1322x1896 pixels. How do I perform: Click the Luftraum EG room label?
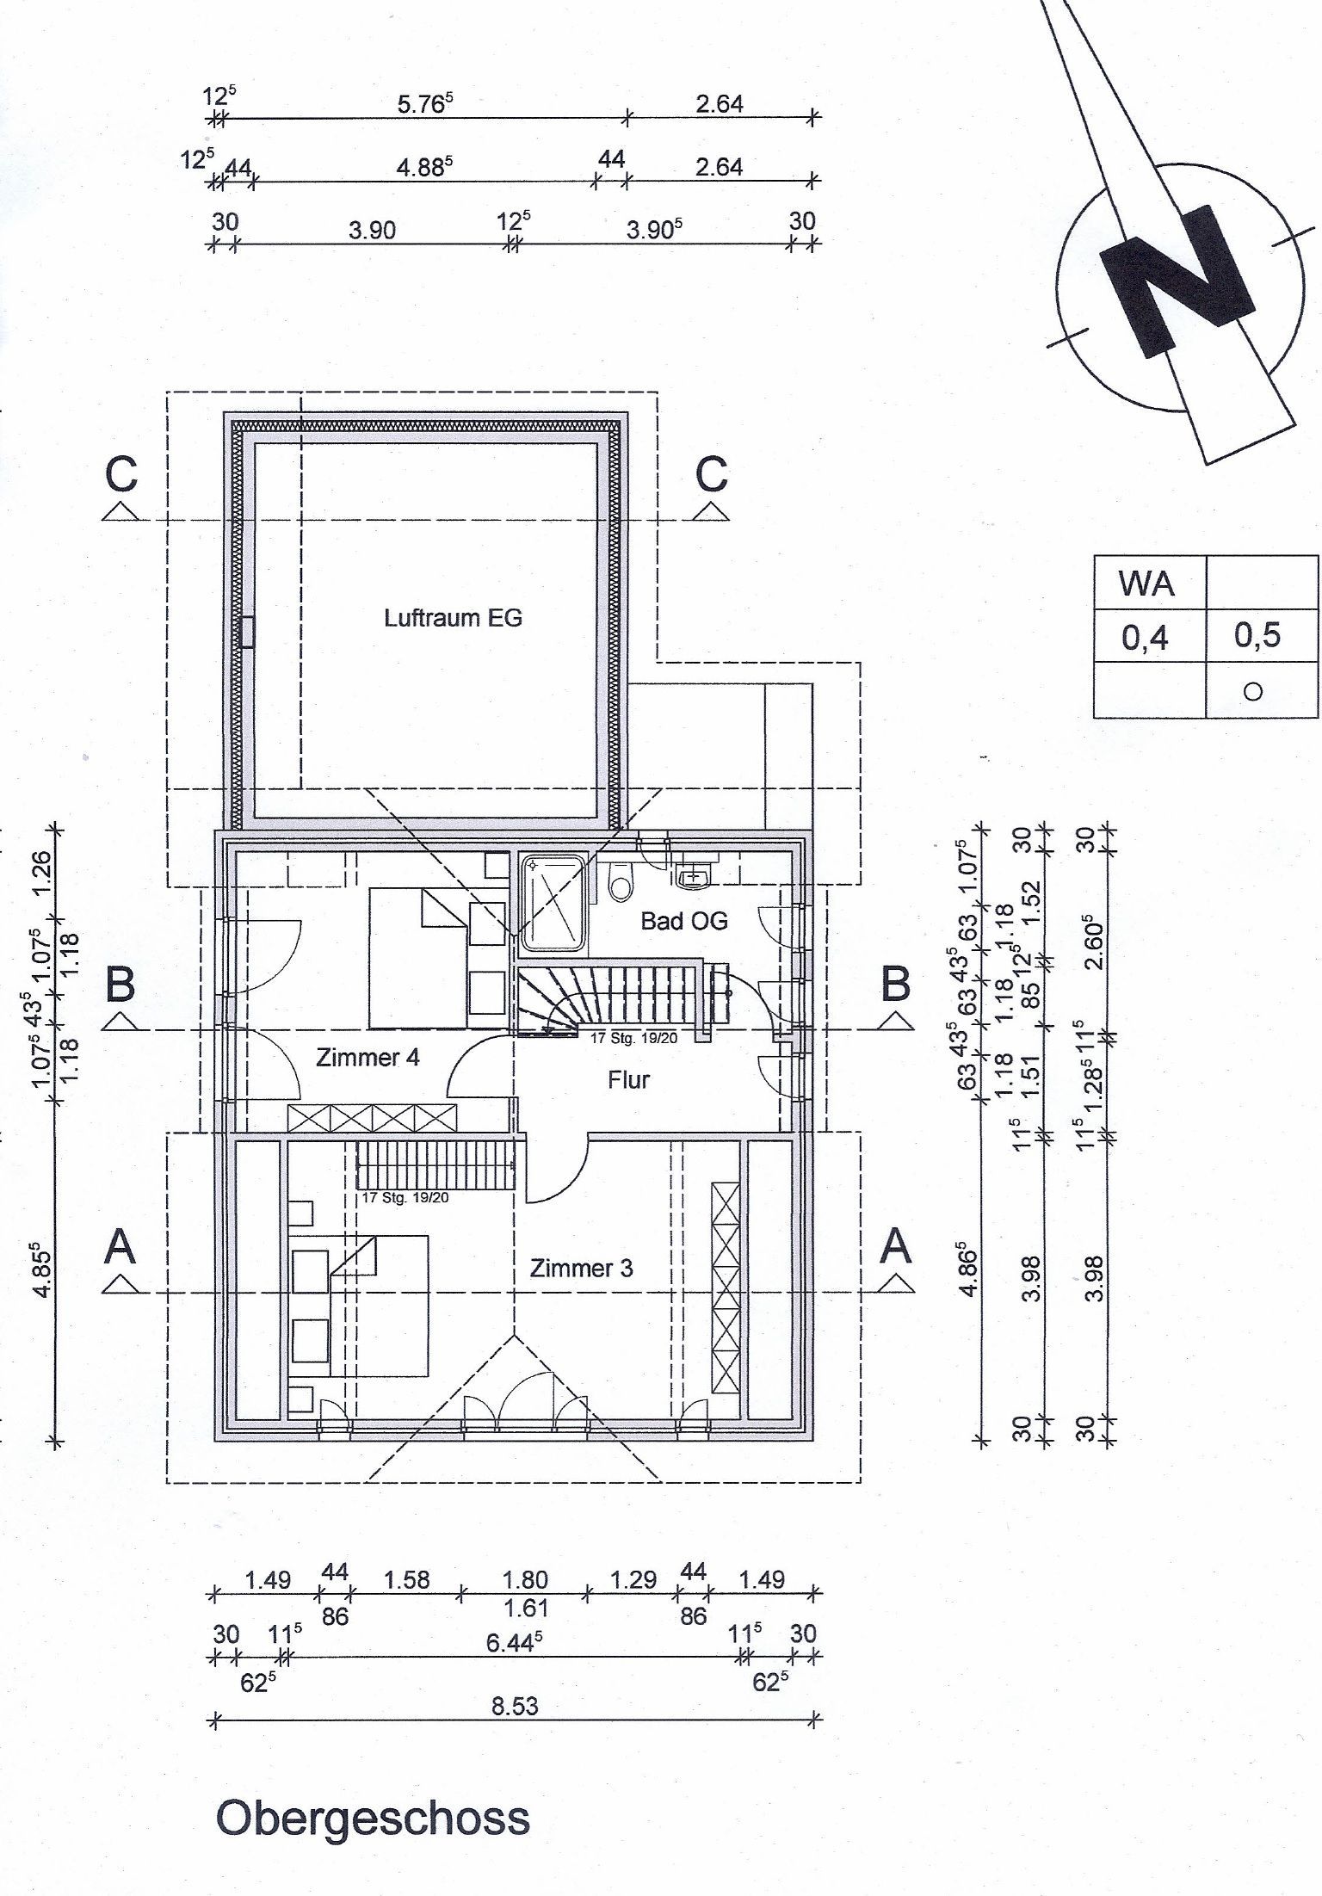coord(453,618)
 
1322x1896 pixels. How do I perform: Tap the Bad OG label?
coord(684,921)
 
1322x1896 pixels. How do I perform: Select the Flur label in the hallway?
coord(628,1079)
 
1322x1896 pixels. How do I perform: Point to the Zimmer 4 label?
coord(368,1057)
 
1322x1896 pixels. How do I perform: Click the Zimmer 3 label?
coord(581,1268)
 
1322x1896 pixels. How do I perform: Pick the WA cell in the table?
coord(1146,584)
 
